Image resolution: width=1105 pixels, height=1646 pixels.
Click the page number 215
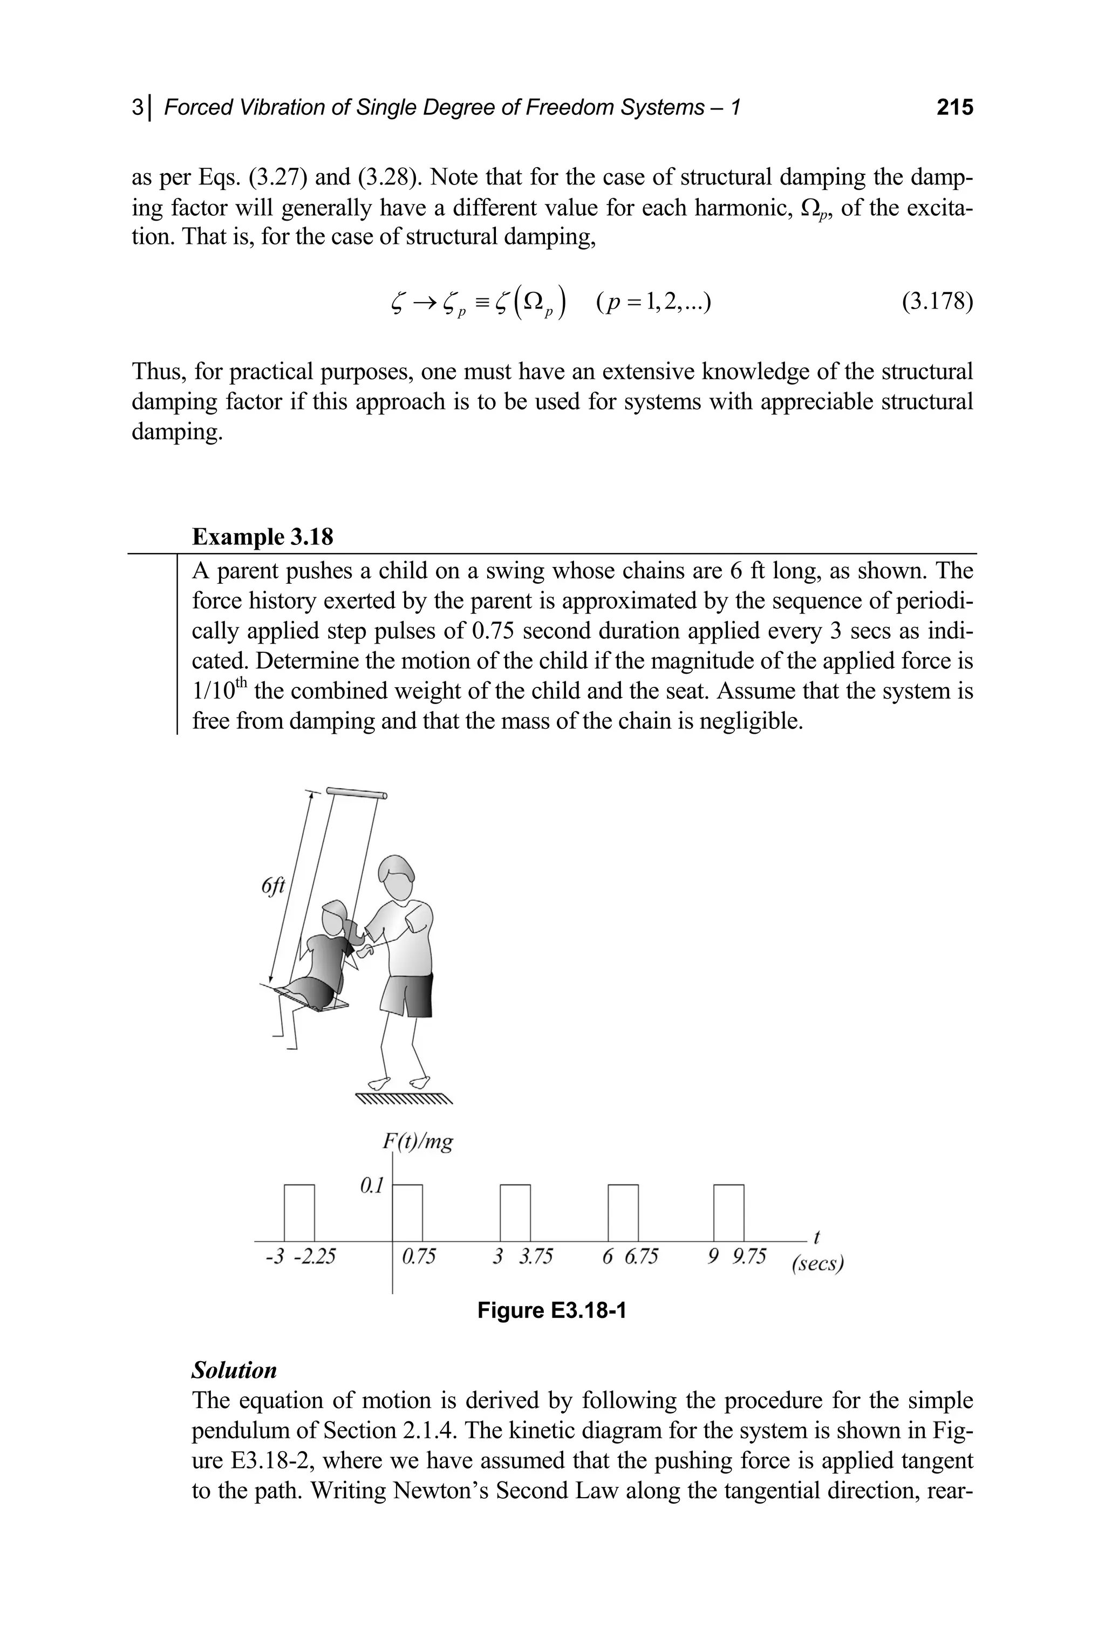click(954, 107)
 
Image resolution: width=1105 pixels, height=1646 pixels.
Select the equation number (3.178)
click(937, 302)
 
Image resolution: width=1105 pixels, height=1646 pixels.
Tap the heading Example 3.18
click(262, 537)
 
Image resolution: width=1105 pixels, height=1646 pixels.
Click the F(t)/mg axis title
click(417, 1141)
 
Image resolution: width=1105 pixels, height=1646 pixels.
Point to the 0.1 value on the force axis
click(371, 1186)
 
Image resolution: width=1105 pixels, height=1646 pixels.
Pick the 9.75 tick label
click(748, 1256)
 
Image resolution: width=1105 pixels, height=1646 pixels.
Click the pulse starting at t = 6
click(623, 1213)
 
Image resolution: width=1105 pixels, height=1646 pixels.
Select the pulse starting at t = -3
click(299, 1213)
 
